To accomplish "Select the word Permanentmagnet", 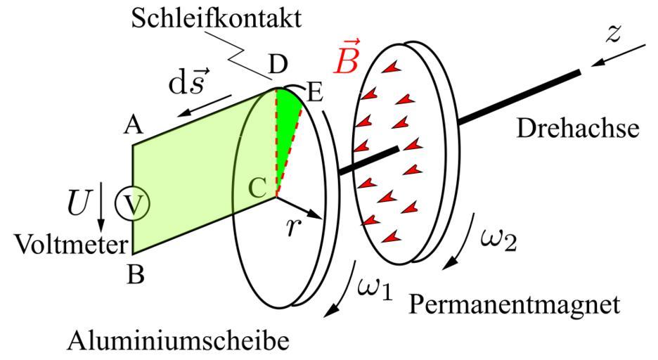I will tap(515, 304).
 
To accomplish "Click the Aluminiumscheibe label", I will tap(178, 342).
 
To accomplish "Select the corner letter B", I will tap(136, 274).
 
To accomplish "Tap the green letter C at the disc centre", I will tap(257, 188).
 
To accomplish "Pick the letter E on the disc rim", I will tap(314, 91).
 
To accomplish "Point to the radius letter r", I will tap(293, 228).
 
